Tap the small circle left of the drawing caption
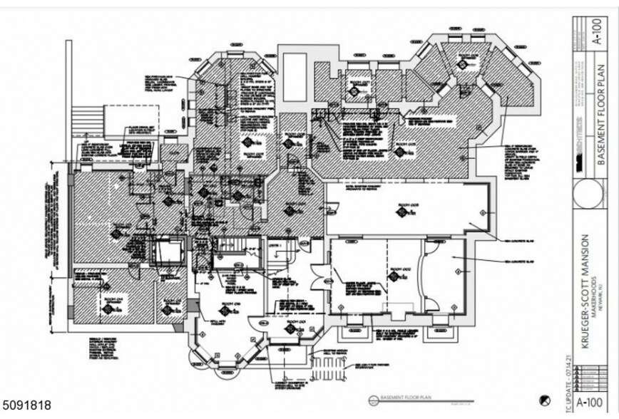click(x=372, y=400)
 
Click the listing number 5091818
click(x=26, y=405)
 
